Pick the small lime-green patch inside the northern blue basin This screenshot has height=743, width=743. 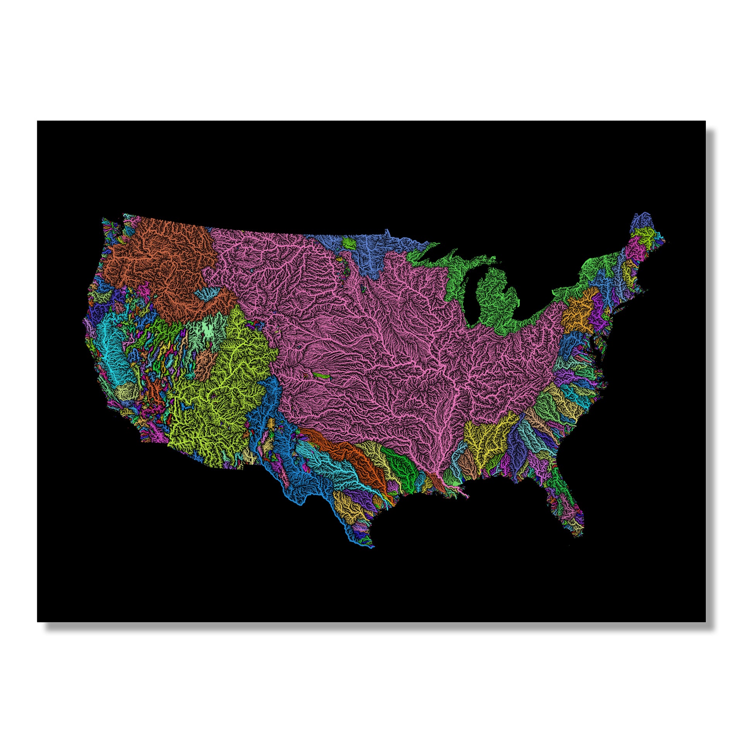(349, 243)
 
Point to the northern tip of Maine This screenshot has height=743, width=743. (645, 213)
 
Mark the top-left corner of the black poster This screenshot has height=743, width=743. (38, 121)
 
